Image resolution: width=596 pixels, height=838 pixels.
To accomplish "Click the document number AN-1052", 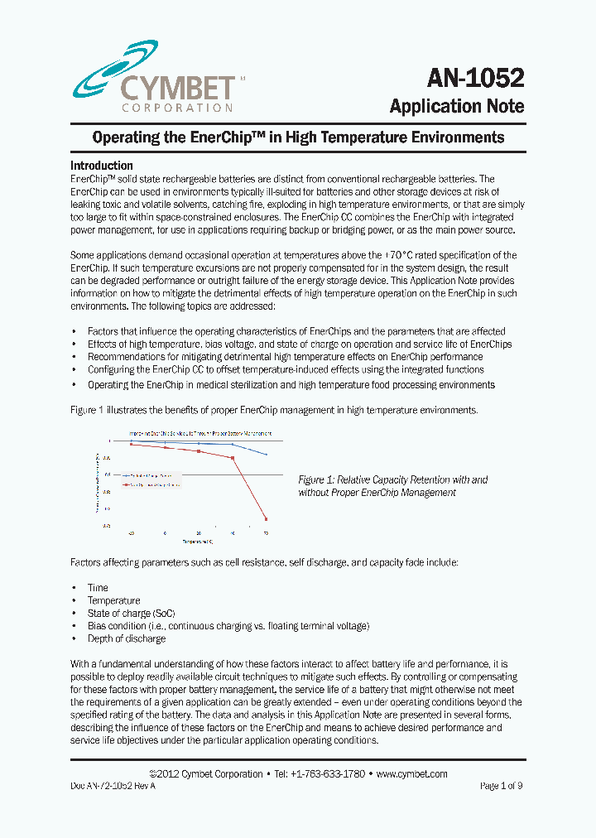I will coord(475,78).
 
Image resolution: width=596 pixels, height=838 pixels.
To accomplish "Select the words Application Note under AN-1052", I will coord(456,107).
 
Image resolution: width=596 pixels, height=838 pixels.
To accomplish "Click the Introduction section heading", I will coord(102,166).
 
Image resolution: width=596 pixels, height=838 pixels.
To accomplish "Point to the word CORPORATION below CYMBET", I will coord(177,108).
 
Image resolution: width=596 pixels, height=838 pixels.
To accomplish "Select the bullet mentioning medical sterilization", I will coord(291,384).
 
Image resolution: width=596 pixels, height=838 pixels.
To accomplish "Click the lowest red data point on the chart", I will coord(266,519).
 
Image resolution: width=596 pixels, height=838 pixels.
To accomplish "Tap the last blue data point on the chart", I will coord(266,455).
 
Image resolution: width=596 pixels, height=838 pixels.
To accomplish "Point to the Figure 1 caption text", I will coord(392,486).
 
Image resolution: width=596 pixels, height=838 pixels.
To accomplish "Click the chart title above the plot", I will coord(199,433).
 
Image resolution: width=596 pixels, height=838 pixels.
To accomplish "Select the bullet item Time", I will coord(98,587).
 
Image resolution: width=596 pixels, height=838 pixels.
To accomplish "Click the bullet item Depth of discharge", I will coord(127,638).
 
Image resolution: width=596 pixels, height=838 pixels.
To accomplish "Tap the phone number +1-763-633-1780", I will coord(320,774).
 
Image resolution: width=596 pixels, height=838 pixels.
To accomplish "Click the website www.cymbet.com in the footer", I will coord(411,774).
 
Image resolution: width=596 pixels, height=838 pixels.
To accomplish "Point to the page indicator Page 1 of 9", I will coord(502,786).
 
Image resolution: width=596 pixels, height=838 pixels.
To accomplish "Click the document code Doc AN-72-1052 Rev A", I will coord(113,786).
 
